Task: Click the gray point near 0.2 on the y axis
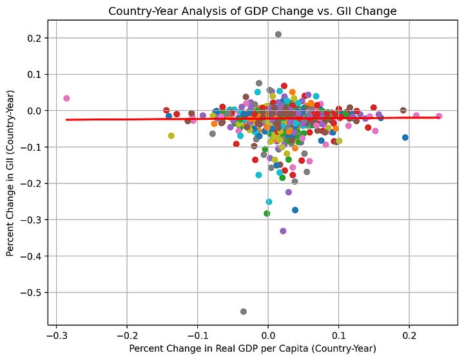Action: point(278,34)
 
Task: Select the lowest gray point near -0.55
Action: point(244,312)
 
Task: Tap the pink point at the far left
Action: point(66,99)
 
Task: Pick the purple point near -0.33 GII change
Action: point(283,231)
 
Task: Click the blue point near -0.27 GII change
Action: point(295,210)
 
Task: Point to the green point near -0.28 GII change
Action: point(267,213)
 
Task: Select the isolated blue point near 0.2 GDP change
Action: point(405,137)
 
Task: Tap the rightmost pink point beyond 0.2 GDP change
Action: point(439,117)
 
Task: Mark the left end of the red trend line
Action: point(66,120)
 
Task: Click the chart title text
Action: point(253,11)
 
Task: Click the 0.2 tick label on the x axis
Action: point(409,336)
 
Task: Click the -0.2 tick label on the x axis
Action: point(126,336)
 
